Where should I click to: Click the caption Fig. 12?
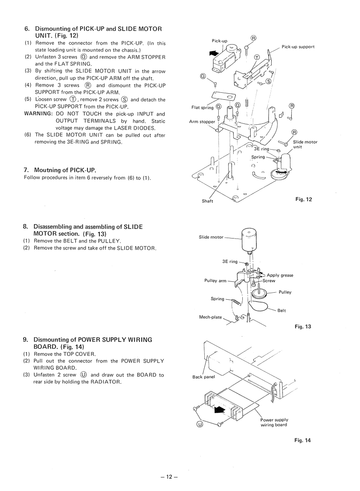click(304, 200)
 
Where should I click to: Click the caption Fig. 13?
click(303, 326)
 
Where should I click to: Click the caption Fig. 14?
click(303, 440)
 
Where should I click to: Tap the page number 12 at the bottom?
click(169, 477)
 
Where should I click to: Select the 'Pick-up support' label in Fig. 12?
click(298, 47)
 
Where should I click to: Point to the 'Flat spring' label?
click(203, 108)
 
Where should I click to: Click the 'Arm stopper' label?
click(202, 122)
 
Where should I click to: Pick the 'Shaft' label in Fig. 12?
click(207, 201)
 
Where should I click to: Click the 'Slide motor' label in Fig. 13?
click(211, 237)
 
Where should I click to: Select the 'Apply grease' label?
click(280, 275)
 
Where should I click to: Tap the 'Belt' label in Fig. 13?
click(281, 311)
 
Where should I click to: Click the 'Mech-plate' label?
click(210, 317)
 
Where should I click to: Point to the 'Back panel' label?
click(203, 377)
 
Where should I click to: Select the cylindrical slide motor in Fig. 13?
click(249, 241)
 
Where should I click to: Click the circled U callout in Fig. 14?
click(199, 424)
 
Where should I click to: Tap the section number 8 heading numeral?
click(25, 227)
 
